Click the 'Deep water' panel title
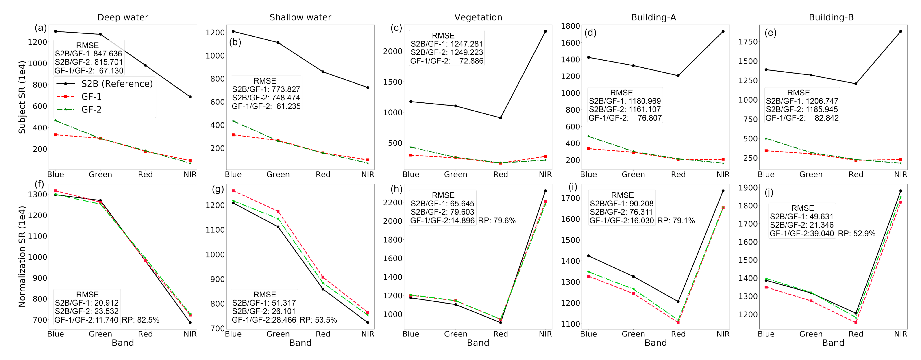[x=123, y=17]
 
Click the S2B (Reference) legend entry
[x=117, y=84]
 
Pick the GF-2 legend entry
[x=91, y=109]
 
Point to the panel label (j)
[x=769, y=193]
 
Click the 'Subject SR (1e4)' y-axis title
[x=22, y=97]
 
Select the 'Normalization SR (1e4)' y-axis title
[x=22, y=256]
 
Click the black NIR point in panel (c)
[x=545, y=31]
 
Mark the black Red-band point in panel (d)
[x=678, y=76]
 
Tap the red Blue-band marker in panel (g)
[x=233, y=191]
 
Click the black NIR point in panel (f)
[x=190, y=323]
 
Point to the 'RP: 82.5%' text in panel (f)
[x=141, y=320]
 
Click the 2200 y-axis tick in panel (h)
[x=393, y=203]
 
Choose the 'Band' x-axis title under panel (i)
[x=655, y=343]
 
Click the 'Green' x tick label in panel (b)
[x=278, y=174]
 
